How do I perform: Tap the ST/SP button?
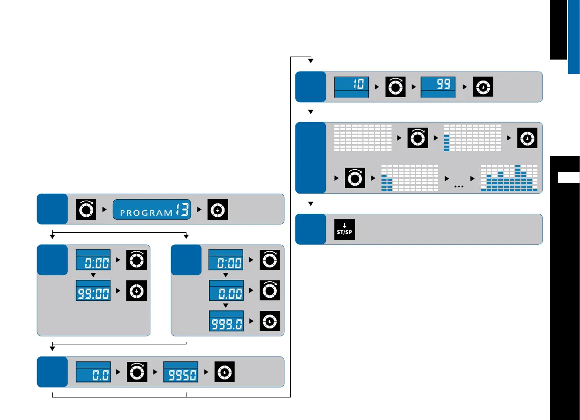[x=344, y=229]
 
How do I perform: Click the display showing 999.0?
[x=226, y=321]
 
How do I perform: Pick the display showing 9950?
[x=180, y=372]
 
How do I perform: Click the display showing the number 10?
[x=351, y=87]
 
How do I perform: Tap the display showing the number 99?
[x=438, y=87]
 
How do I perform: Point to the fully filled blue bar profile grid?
[x=508, y=178]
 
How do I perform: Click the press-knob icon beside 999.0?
[x=270, y=321]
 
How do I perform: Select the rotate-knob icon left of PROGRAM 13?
[x=85, y=209]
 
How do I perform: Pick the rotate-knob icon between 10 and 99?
[x=395, y=87]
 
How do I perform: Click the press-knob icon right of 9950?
[x=225, y=372]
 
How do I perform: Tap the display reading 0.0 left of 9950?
[x=93, y=372]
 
